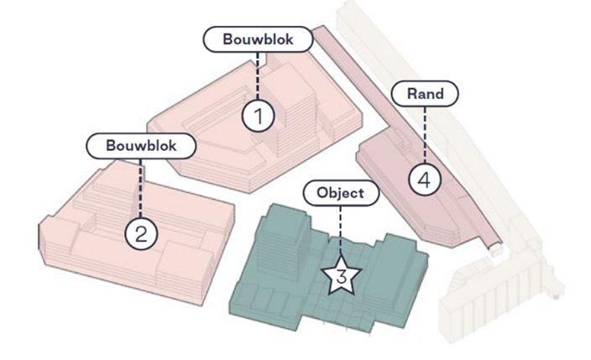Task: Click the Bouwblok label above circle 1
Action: (x=258, y=39)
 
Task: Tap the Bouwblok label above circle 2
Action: (x=141, y=144)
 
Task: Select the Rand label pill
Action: (x=426, y=94)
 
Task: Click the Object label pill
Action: (x=340, y=192)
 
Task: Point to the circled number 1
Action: (x=259, y=117)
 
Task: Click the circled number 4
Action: (x=425, y=180)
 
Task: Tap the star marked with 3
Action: (x=340, y=276)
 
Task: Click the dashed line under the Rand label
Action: (x=426, y=134)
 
